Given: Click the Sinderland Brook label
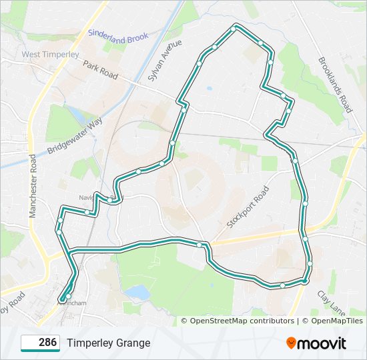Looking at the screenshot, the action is click(118, 35).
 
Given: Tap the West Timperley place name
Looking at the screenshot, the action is click(50, 54).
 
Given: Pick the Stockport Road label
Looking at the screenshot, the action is click(248, 207).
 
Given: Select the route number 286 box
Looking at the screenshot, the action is click(41, 343).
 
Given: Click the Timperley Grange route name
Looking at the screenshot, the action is click(108, 343).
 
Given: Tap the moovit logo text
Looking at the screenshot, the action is click(322, 343).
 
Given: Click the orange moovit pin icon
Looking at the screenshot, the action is click(292, 343).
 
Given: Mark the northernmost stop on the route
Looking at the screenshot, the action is click(235, 27).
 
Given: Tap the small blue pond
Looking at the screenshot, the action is click(137, 292).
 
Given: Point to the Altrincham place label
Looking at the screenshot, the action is click(71, 303).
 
